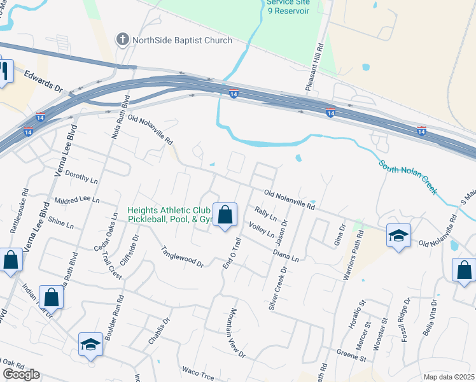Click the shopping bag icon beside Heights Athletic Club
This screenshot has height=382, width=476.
(x=225, y=215)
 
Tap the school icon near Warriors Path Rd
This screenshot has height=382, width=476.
(x=398, y=236)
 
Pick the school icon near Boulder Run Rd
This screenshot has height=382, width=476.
(x=90, y=344)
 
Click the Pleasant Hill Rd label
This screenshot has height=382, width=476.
(x=316, y=67)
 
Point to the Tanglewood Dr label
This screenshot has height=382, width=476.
(x=181, y=256)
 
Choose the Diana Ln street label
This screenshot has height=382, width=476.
(x=285, y=255)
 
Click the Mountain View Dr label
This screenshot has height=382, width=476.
(x=237, y=333)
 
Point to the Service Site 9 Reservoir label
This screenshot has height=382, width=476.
(x=288, y=7)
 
